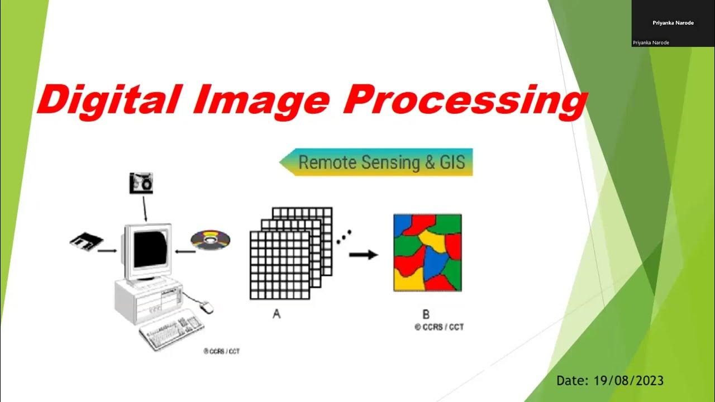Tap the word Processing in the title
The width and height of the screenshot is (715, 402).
(x=464, y=100)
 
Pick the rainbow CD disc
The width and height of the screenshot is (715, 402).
(x=210, y=240)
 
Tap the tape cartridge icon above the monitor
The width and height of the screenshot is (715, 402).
(x=141, y=183)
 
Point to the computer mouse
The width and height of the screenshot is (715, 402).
(x=207, y=306)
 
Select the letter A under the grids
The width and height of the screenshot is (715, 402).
(x=276, y=314)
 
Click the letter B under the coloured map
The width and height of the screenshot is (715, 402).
(x=426, y=314)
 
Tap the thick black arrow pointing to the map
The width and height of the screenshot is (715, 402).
(x=363, y=255)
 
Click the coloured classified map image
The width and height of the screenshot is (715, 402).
(x=427, y=252)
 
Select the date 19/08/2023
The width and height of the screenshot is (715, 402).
(x=610, y=381)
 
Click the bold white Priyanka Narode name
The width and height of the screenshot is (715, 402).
(x=673, y=23)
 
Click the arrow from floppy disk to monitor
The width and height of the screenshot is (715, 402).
(x=107, y=251)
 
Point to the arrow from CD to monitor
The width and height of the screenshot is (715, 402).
(x=184, y=251)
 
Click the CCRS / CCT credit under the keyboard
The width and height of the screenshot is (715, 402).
(x=222, y=351)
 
